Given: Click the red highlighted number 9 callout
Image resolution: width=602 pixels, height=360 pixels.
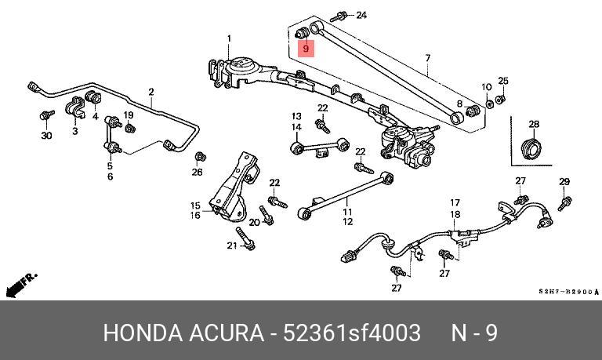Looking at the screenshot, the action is point(306,49).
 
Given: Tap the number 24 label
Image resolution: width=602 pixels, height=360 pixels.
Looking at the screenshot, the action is point(361,16).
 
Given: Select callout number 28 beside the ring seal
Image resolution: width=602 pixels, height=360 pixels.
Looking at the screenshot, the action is point(534,124).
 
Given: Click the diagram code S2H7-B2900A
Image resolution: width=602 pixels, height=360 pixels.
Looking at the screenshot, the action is point(568,292).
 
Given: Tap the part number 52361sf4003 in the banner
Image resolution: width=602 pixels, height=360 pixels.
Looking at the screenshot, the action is point(352,333).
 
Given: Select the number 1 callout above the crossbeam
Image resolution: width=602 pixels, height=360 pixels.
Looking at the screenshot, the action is point(229,38).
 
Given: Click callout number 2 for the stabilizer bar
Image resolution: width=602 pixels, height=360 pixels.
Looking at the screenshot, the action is point(151,92).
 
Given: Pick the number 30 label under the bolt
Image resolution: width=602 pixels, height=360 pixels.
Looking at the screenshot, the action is point(46,135).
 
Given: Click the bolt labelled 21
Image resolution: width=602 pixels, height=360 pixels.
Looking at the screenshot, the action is point(245,238).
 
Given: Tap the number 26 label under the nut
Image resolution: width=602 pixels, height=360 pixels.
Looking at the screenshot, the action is point(197,172).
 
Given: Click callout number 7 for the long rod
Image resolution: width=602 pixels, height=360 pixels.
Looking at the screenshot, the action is point(428,58).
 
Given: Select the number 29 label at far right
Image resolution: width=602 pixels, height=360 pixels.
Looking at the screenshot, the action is point(564,181).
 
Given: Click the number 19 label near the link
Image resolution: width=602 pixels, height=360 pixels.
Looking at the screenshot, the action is point(129,115).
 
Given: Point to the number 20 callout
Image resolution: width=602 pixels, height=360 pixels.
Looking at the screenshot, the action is point(254,222).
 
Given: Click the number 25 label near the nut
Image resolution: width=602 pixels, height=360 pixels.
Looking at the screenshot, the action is point(503,81).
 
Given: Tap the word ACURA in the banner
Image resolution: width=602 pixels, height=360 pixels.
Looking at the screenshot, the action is point(226,333).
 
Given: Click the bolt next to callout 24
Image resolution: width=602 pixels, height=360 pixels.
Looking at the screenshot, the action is point(339,17).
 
